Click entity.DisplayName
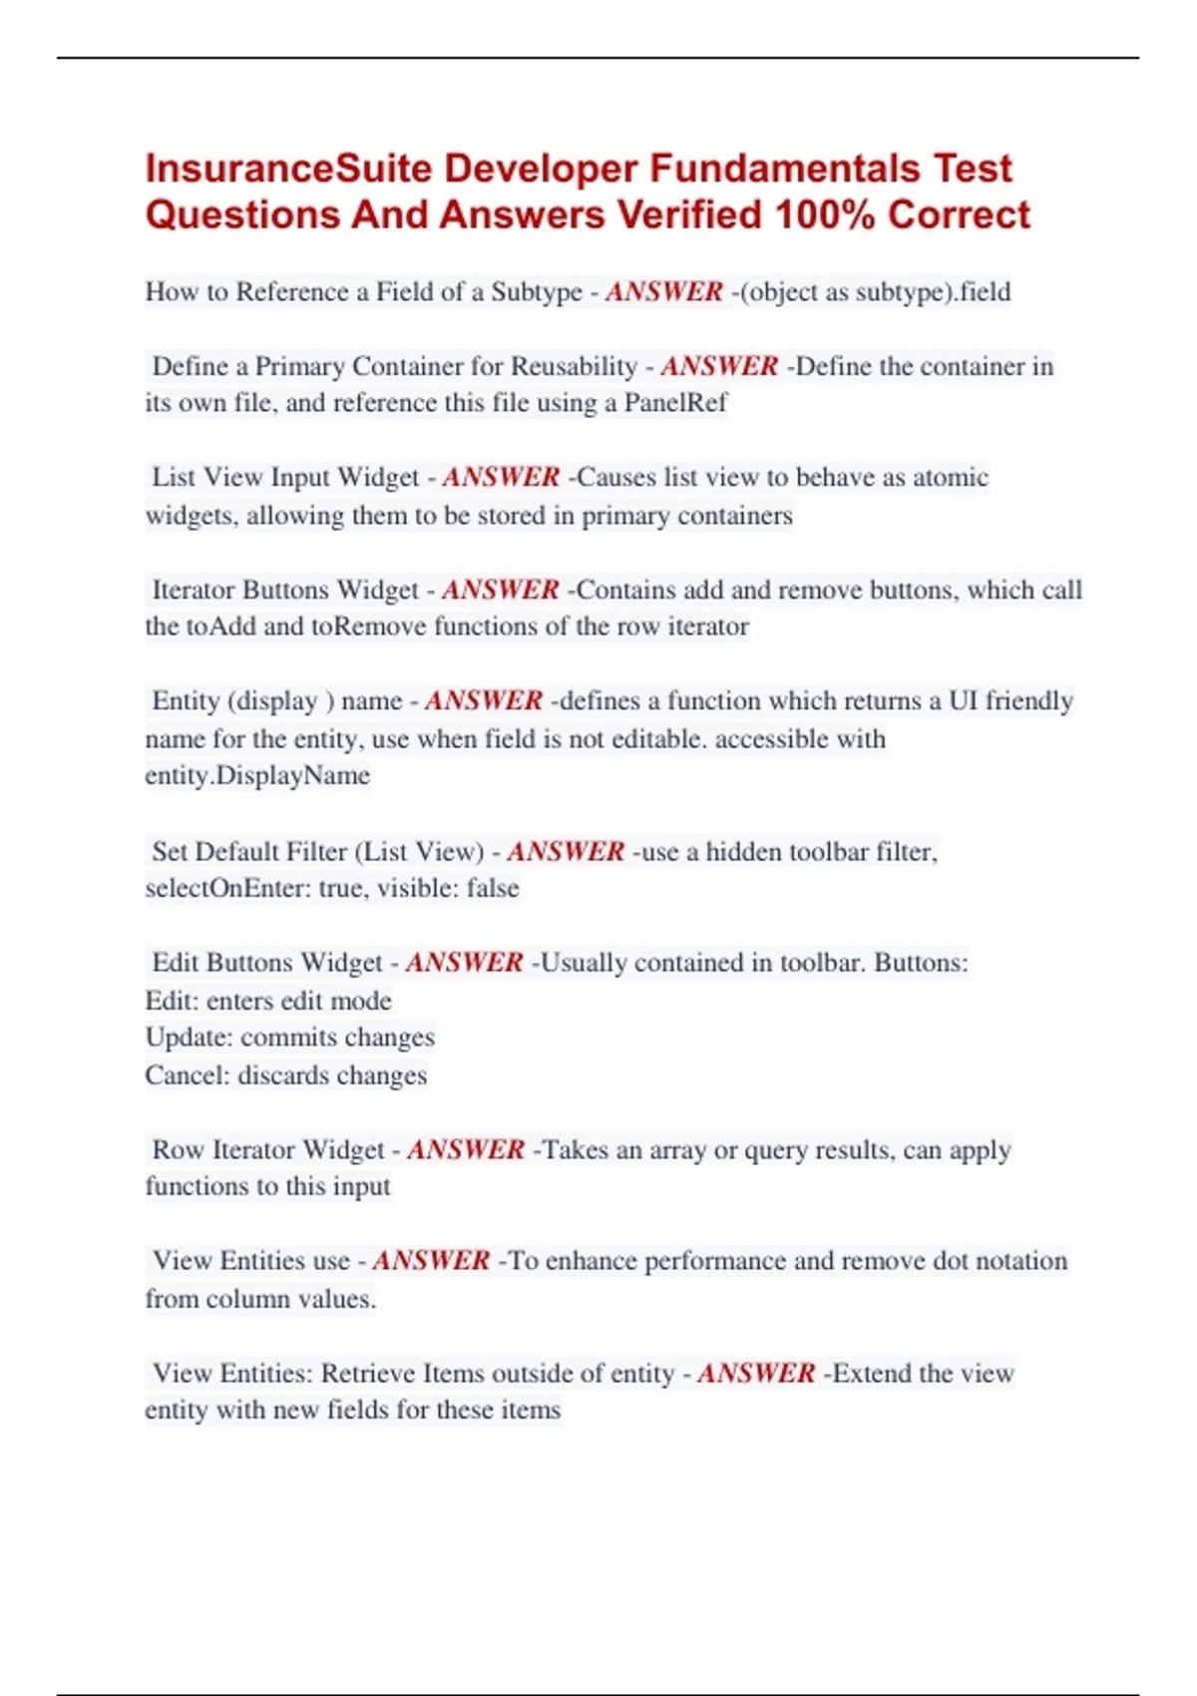pyautogui.click(x=257, y=776)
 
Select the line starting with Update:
pyautogui.click(x=289, y=1038)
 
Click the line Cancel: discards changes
pyautogui.click(x=285, y=1075)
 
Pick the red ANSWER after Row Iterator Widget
pyautogui.click(x=465, y=1149)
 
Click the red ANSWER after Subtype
pyautogui.click(x=663, y=292)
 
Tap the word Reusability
pyautogui.click(x=574, y=366)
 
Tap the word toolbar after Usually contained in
pyautogui.click(x=823, y=963)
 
